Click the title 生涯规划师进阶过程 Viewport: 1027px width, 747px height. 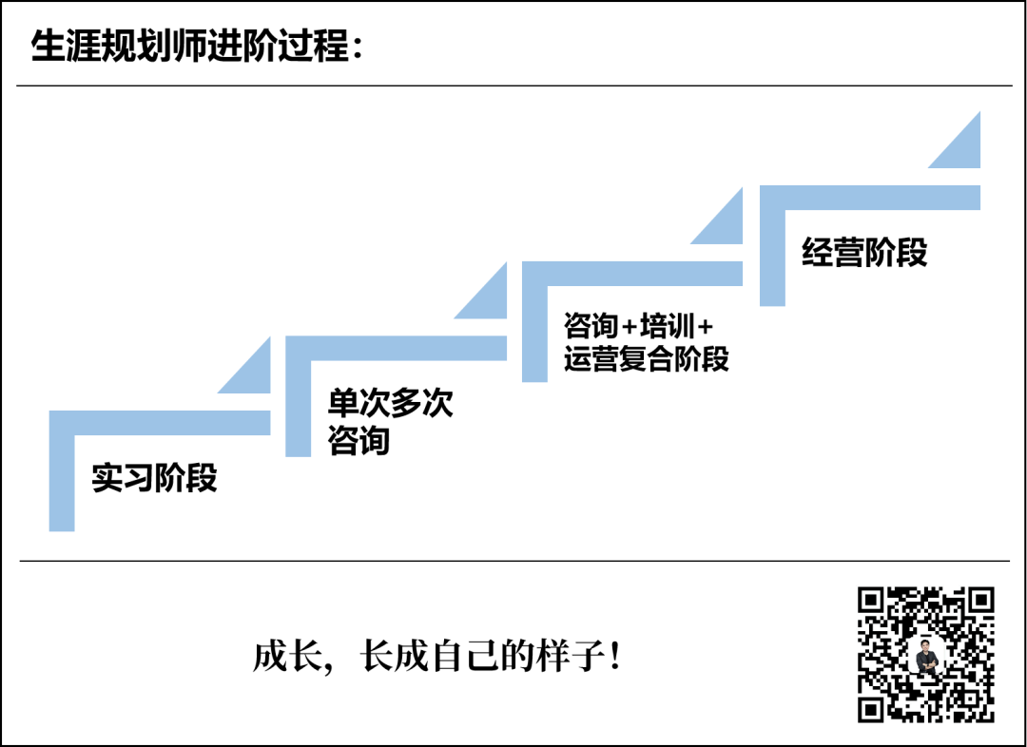tap(190, 46)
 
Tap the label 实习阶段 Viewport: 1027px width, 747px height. tap(155, 477)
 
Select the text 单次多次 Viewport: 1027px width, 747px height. tap(391, 403)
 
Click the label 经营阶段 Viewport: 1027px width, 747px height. tap(864, 252)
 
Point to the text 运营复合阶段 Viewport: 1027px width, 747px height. tap(647, 358)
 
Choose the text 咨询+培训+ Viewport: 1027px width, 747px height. tap(638, 326)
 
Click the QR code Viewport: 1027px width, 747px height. tap(925, 654)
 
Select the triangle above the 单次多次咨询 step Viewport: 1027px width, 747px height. tap(489, 298)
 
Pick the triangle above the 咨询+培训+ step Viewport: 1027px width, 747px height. tap(725, 223)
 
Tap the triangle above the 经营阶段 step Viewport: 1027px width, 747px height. tap(961, 148)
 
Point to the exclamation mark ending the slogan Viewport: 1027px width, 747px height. tap(615, 657)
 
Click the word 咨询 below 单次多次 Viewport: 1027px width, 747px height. tap(359, 441)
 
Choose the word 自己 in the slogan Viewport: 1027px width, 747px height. tap(462, 657)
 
